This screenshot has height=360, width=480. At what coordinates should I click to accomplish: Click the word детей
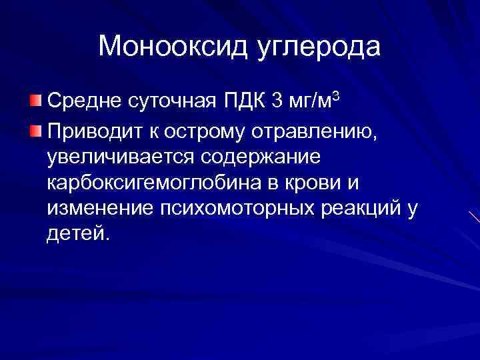tap(76, 235)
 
